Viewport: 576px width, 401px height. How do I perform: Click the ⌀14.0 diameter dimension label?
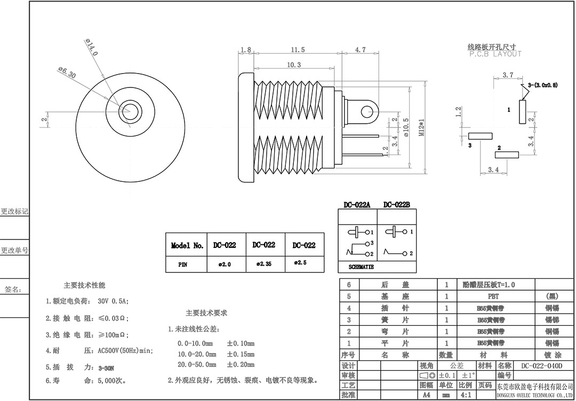pyautogui.click(x=91, y=47)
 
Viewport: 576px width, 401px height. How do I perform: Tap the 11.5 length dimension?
pyautogui.click(x=298, y=50)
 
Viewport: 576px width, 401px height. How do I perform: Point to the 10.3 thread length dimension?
pyautogui.click(x=294, y=65)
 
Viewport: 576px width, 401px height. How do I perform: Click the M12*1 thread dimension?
pyautogui.click(x=421, y=127)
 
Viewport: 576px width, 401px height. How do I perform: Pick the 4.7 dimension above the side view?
pyautogui.click(x=361, y=50)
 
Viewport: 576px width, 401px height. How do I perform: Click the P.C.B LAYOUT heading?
pyautogui.click(x=495, y=54)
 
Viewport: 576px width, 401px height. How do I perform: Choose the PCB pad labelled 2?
pyautogui.click(x=507, y=155)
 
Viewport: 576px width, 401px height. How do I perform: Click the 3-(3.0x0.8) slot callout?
pyautogui.click(x=542, y=85)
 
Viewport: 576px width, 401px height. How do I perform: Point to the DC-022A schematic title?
pyautogui.click(x=357, y=205)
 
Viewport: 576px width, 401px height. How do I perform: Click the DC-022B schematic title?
pyautogui.click(x=396, y=205)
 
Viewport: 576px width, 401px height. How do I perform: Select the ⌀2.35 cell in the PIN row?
pyautogui.click(x=265, y=264)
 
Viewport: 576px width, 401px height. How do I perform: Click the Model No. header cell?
pyautogui.click(x=187, y=246)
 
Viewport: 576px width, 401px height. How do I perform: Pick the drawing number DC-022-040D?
pyautogui.click(x=541, y=366)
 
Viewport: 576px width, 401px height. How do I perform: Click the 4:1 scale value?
pyautogui.click(x=465, y=395)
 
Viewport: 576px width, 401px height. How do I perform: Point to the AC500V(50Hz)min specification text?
pyautogui.click(x=125, y=351)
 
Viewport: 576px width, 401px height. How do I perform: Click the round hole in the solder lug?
pyautogui.click(x=366, y=112)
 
